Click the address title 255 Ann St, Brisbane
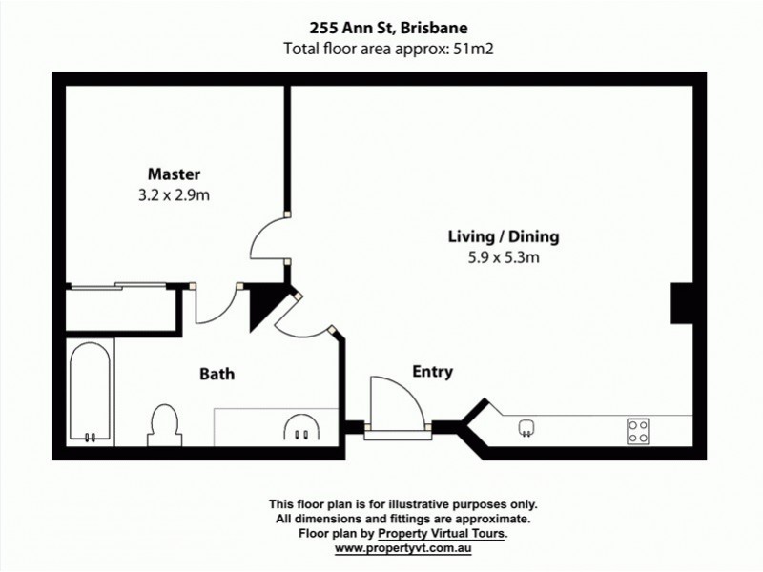coord(381,29)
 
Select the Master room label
coord(173,174)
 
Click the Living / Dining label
coord(504,236)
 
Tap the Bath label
coord(217,374)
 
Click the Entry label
coord(432,371)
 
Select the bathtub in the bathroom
coord(91,392)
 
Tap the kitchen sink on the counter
coord(525,429)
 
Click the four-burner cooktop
coord(637,430)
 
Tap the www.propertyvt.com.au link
coord(405,547)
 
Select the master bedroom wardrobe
coord(122,307)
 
